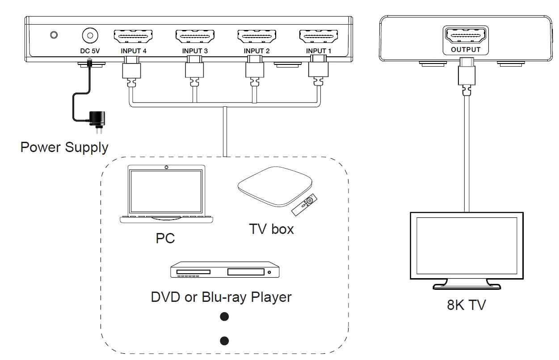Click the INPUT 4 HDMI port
click(x=134, y=36)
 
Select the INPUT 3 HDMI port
click(x=195, y=36)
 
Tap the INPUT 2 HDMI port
click(x=256, y=36)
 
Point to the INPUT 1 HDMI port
click(x=318, y=36)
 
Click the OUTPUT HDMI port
click(x=465, y=35)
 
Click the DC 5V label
click(x=90, y=51)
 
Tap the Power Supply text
click(x=64, y=147)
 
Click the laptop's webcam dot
click(x=166, y=168)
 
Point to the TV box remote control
click(x=306, y=203)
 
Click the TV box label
click(x=271, y=229)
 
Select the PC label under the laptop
click(x=165, y=238)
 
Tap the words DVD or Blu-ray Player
click(x=221, y=297)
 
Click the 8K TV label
click(x=466, y=305)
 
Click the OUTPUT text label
click(x=465, y=50)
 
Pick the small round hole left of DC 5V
click(x=54, y=35)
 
